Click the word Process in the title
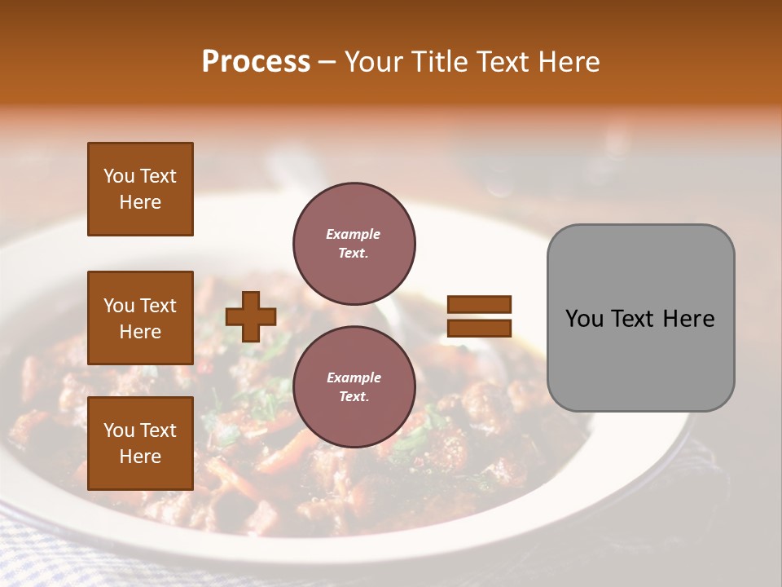256,62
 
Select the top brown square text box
140,189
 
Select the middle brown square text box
140,318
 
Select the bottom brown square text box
140,443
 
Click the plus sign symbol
250,316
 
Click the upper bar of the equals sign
480,304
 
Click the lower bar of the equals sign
480,328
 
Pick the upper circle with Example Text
354,244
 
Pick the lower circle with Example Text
354,387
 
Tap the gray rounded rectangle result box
640,317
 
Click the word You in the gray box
584,319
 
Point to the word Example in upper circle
354,234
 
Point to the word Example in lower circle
354,377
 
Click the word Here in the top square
140,202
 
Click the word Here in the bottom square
140,456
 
